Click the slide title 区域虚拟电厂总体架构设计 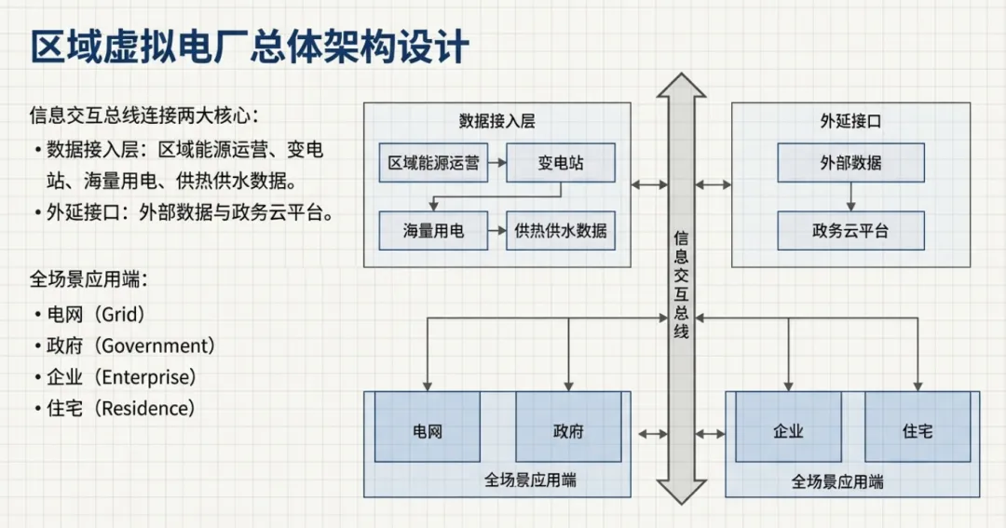click(x=250, y=47)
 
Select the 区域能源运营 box click(x=433, y=163)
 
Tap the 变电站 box click(x=561, y=163)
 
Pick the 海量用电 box click(x=433, y=231)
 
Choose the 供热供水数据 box click(x=561, y=231)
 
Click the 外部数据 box click(x=850, y=163)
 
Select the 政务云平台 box click(x=850, y=231)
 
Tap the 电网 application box click(x=427, y=431)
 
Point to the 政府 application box click(x=568, y=431)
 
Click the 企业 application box click(x=788, y=431)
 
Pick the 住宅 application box click(x=918, y=431)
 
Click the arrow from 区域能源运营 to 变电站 click(x=496, y=163)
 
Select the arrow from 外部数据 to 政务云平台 click(x=850, y=196)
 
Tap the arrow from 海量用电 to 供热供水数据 click(x=496, y=231)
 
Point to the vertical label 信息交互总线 click(x=682, y=285)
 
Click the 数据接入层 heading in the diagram click(x=496, y=121)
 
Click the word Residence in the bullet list click(x=146, y=408)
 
